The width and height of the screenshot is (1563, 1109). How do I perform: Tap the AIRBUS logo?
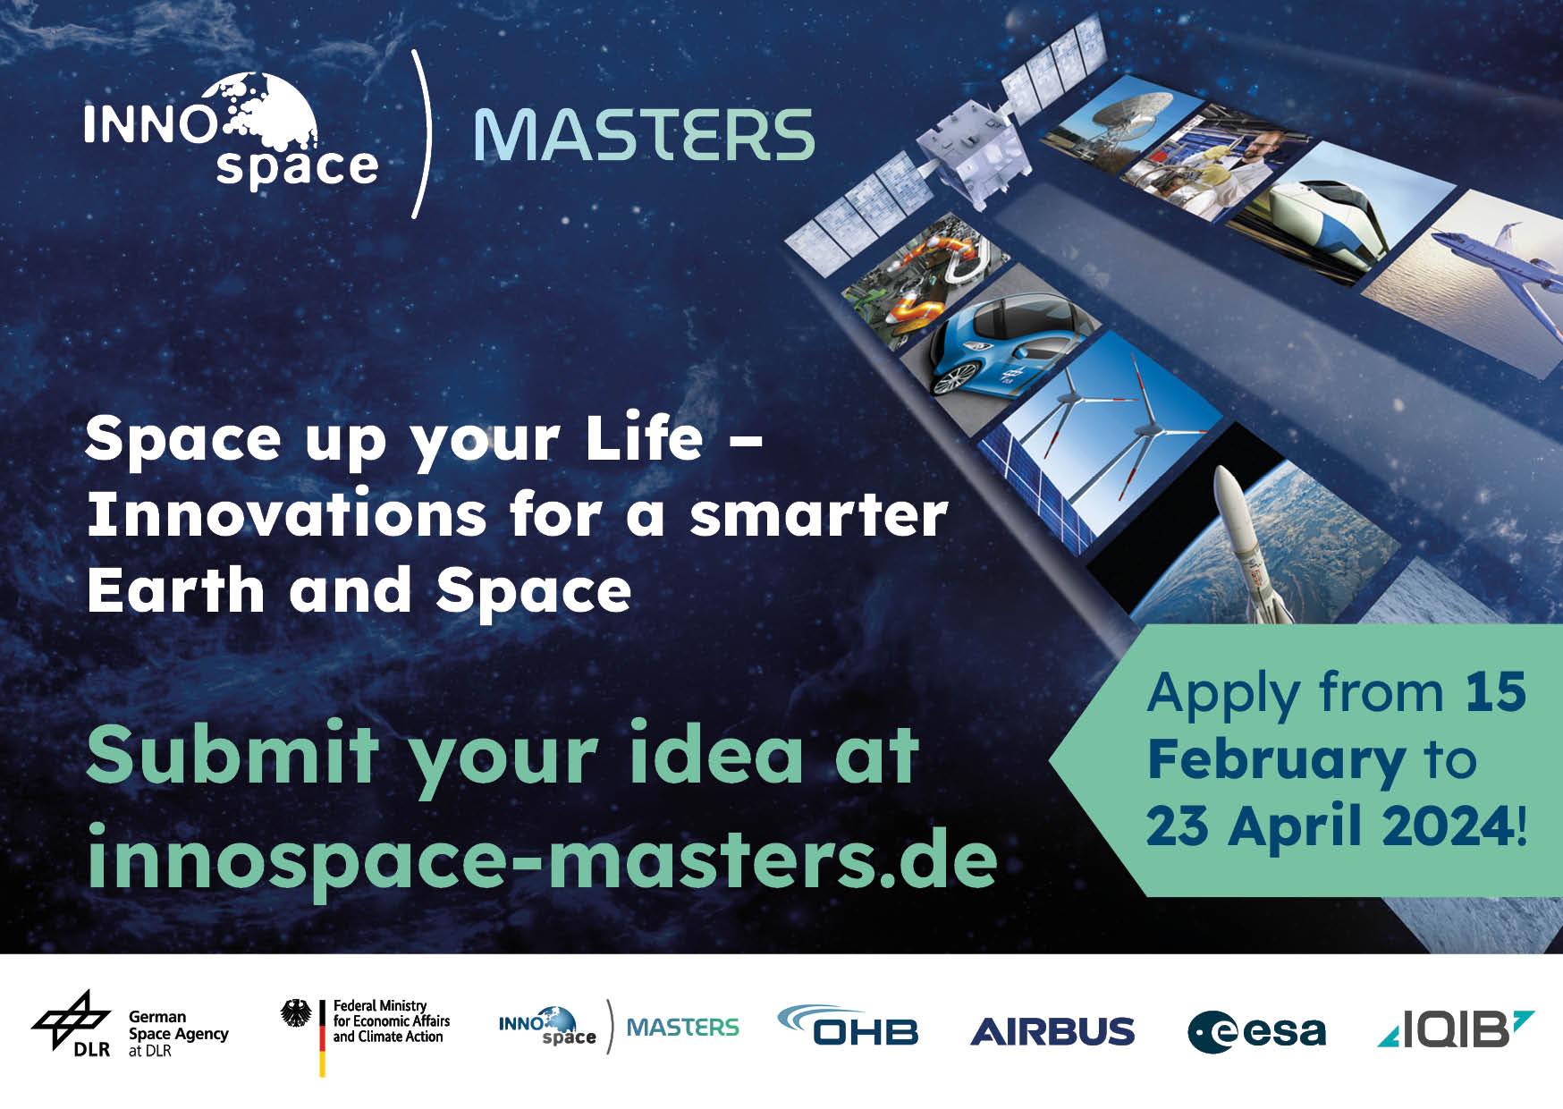[1052, 1031]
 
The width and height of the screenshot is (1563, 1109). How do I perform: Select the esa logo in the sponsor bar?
[1256, 1032]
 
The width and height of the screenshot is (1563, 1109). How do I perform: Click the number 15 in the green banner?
[1496, 691]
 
